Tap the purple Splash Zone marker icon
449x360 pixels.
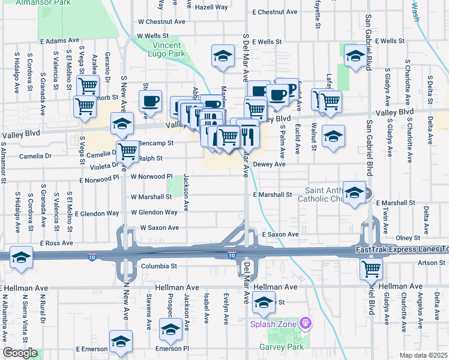(x=306, y=323)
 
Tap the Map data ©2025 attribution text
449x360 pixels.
(x=423, y=355)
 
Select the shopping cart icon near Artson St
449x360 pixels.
(x=371, y=269)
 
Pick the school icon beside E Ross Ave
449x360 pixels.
(x=22, y=256)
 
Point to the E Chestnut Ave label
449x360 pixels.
(x=274, y=12)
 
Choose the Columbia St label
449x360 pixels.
(x=158, y=266)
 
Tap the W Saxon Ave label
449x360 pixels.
(x=160, y=228)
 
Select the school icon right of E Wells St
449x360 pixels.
(x=355, y=56)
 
